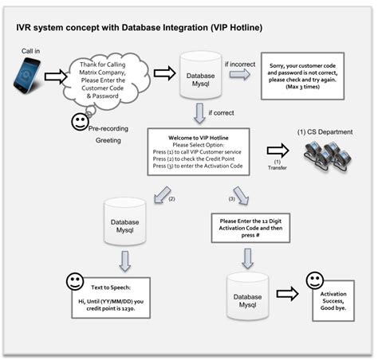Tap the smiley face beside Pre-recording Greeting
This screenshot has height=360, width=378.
click(79, 122)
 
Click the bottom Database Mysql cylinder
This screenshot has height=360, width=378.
click(246, 294)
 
